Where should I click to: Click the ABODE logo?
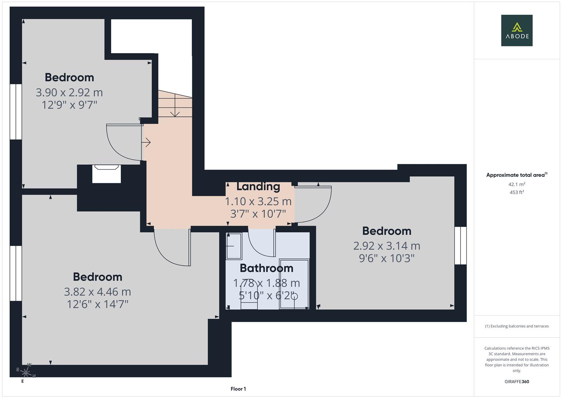[516, 31]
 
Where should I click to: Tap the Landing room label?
[258, 186]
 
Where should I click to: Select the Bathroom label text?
[266, 268]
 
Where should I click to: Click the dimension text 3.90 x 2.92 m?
[69, 92]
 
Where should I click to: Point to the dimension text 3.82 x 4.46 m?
[98, 291]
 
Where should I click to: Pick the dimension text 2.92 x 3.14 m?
[386, 245]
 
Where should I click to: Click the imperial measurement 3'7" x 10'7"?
[258, 214]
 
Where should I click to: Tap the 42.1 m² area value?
[516, 184]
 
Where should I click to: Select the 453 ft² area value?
[516, 192]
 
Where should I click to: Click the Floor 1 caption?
[238, 389]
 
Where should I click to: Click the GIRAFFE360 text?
[516, 382]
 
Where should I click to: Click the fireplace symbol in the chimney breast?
[106, 173]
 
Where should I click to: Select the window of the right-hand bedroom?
[460, 245]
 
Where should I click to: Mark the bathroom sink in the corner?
[234, 246]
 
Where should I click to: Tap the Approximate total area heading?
[516, 175]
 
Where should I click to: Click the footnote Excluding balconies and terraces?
[516, 326]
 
